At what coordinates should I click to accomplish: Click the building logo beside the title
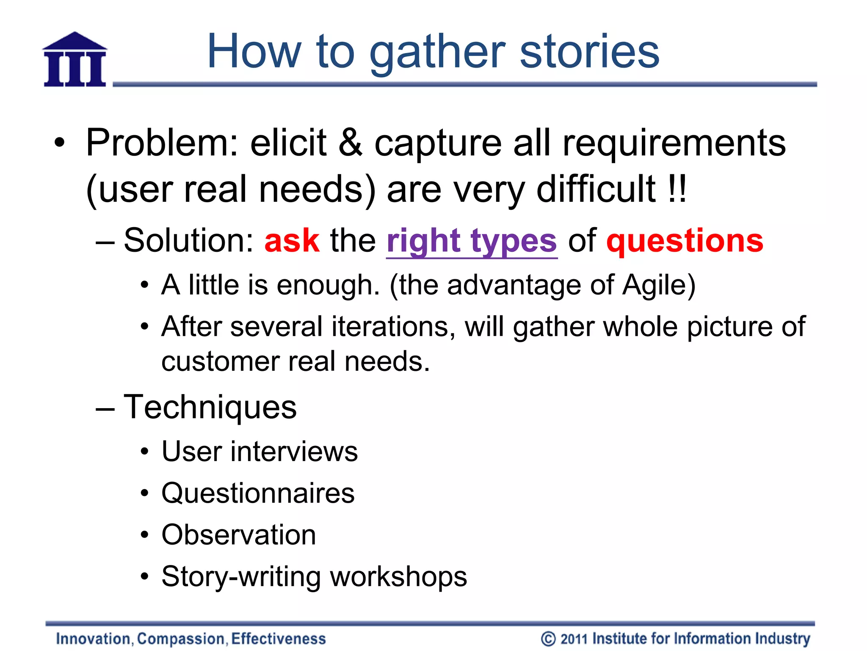[x=75, y=60]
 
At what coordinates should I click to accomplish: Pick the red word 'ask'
[x=292, y=240]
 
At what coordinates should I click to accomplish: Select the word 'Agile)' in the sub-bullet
[x=659, y=285]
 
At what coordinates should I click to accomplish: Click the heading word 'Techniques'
[x=210, y=407]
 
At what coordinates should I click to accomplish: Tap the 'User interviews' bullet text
[x=260, y=451]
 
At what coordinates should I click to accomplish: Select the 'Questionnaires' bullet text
[x=258, y=493]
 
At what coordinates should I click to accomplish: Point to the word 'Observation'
[x=239, y=535]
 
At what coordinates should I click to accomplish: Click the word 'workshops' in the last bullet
[x=398, y=577]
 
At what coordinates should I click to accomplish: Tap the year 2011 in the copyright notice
[x=574, y=639]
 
